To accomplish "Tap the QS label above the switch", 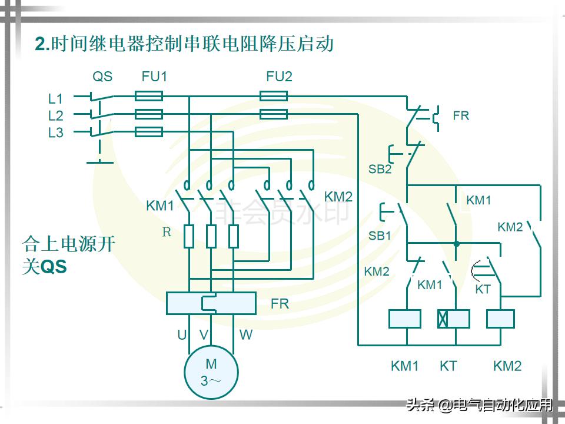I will point(102,77).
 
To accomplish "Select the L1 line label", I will point(55,98).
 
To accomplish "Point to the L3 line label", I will point(55,132).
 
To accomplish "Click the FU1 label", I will point(154,77).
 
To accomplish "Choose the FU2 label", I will point(279,77).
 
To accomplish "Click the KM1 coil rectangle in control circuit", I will point(404,319).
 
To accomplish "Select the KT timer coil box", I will point(453,319).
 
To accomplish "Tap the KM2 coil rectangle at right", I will point(500,319).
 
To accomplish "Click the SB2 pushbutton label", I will point(380,170).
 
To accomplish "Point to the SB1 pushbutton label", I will point(380,236).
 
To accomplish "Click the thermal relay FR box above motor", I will point(211,303).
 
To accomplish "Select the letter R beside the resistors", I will point(167,232).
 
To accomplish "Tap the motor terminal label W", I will point(246,335).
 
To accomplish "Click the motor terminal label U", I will point(182,335).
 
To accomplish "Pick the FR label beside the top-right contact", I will point(461,116).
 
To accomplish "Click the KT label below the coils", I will point(448,366).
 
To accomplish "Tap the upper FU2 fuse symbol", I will point(274,96).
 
